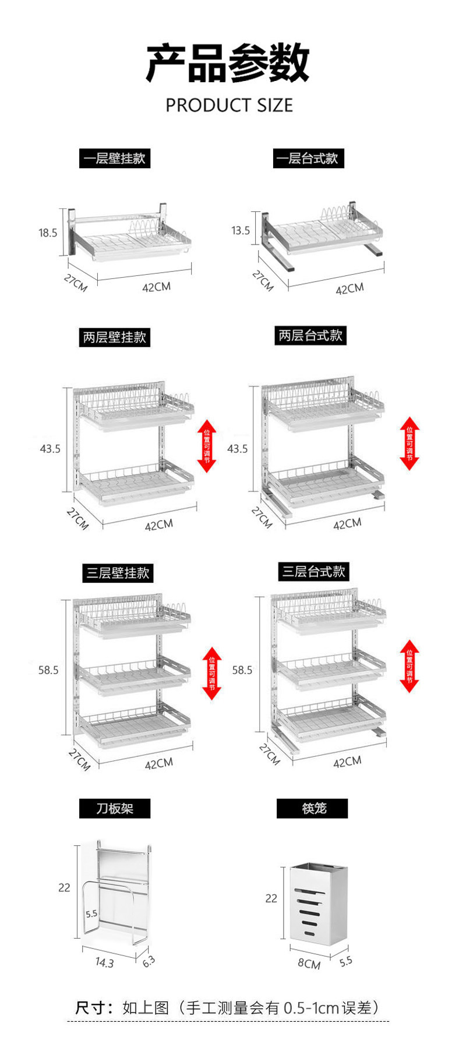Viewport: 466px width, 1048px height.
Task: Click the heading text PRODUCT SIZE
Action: point(229,105)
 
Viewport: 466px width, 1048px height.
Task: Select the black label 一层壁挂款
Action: point(115,158)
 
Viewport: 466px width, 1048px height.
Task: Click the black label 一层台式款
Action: point(308,158)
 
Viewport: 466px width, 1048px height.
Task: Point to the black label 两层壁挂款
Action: point(115,337)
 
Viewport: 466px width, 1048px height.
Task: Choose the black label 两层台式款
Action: point(310,335)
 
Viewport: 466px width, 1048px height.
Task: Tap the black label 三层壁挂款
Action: point(118,573)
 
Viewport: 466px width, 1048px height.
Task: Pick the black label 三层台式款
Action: point(314,571)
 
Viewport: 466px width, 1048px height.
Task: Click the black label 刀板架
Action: point(115,808)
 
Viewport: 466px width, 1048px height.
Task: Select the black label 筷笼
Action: point(312,808)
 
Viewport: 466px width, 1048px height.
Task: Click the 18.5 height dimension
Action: point(48,233)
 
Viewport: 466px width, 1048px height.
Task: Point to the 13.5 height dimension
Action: point(240,231)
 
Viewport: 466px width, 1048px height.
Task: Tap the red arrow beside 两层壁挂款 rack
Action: point(207,446)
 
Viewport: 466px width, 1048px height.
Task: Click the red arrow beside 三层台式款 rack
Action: point(409,666)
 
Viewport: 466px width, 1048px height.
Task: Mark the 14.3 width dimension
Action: point(105,962)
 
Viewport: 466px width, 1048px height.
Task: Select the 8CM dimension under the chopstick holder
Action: point(309,964)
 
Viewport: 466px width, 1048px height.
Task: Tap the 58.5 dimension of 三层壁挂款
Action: point(48,670)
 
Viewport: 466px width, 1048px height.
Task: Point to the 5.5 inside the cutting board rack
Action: point(91,914)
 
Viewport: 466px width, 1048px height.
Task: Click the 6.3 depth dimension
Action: point(149,961)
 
